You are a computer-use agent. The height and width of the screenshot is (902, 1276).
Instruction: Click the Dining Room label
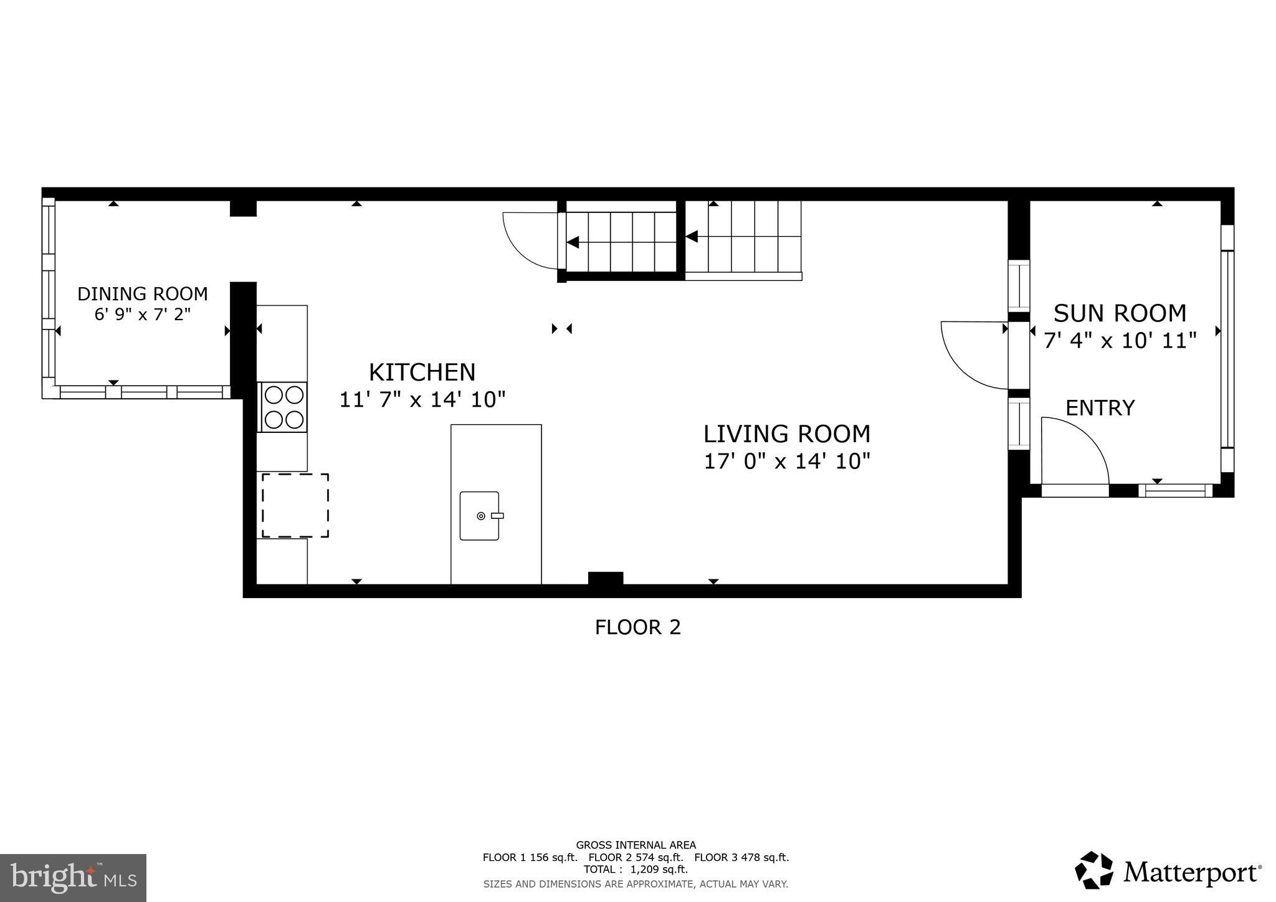142,293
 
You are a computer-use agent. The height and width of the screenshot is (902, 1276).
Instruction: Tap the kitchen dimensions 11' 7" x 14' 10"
422,399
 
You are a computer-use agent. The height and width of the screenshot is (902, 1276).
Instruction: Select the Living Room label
786,434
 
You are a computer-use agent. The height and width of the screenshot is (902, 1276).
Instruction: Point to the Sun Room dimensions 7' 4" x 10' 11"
1120,341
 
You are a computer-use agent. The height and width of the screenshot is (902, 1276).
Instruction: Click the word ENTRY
1100,408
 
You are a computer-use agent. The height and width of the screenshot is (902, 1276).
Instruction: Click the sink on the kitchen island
480,516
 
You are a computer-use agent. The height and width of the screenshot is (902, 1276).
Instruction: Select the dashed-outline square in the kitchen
295,505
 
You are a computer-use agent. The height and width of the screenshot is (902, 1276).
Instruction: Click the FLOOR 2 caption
637,627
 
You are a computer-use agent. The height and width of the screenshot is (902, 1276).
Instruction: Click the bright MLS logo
73,878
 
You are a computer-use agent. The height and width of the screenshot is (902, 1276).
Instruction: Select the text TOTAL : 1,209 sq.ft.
636,869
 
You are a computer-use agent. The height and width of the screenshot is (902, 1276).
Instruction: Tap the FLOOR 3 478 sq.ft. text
741,857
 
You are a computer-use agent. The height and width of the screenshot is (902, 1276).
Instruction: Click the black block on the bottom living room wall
606,578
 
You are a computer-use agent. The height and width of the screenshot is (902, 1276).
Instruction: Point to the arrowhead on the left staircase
573,242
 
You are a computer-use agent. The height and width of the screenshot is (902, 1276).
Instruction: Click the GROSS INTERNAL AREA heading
636,845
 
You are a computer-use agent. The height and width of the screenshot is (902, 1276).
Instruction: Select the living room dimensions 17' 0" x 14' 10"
786,462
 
